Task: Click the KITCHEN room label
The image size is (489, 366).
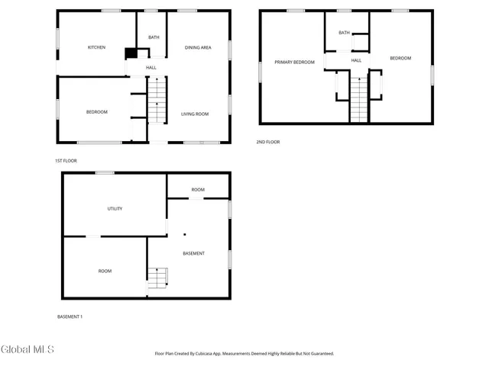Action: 96,48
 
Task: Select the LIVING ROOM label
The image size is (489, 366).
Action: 195,114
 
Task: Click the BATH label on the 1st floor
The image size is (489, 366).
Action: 154,37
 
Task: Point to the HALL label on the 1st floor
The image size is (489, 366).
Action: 151,68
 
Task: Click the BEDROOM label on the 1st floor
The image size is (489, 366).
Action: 96,112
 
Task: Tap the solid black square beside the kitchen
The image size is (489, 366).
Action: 131,53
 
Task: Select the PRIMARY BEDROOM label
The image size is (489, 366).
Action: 294,62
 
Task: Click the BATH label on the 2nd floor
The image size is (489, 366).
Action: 345,33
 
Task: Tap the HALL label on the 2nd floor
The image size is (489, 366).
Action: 356,60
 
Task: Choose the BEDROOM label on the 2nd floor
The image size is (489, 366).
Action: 400,59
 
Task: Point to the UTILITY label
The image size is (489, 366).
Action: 115,208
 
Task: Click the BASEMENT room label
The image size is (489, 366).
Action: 193,253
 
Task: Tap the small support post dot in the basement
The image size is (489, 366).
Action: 184,236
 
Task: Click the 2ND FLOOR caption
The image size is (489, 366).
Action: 268,142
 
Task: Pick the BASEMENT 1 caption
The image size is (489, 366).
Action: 70,316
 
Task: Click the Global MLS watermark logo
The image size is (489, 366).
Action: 28,350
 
